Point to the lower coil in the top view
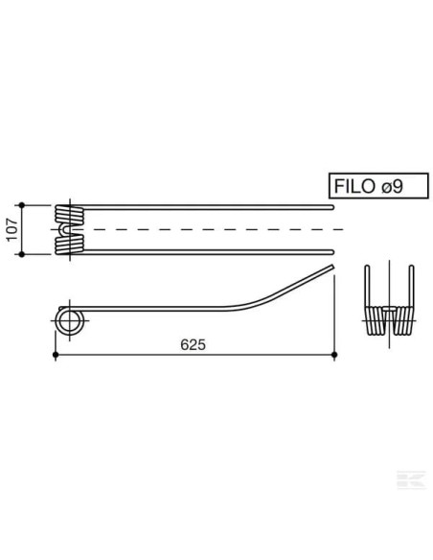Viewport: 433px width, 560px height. (68, 245)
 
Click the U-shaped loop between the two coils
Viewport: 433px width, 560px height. (63, 230)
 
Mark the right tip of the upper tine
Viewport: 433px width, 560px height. (331, 206)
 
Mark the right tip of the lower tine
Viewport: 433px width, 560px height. (331, 253)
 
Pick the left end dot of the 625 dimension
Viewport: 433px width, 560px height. (56, 356)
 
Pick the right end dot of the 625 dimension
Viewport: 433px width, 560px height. (334, 356)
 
